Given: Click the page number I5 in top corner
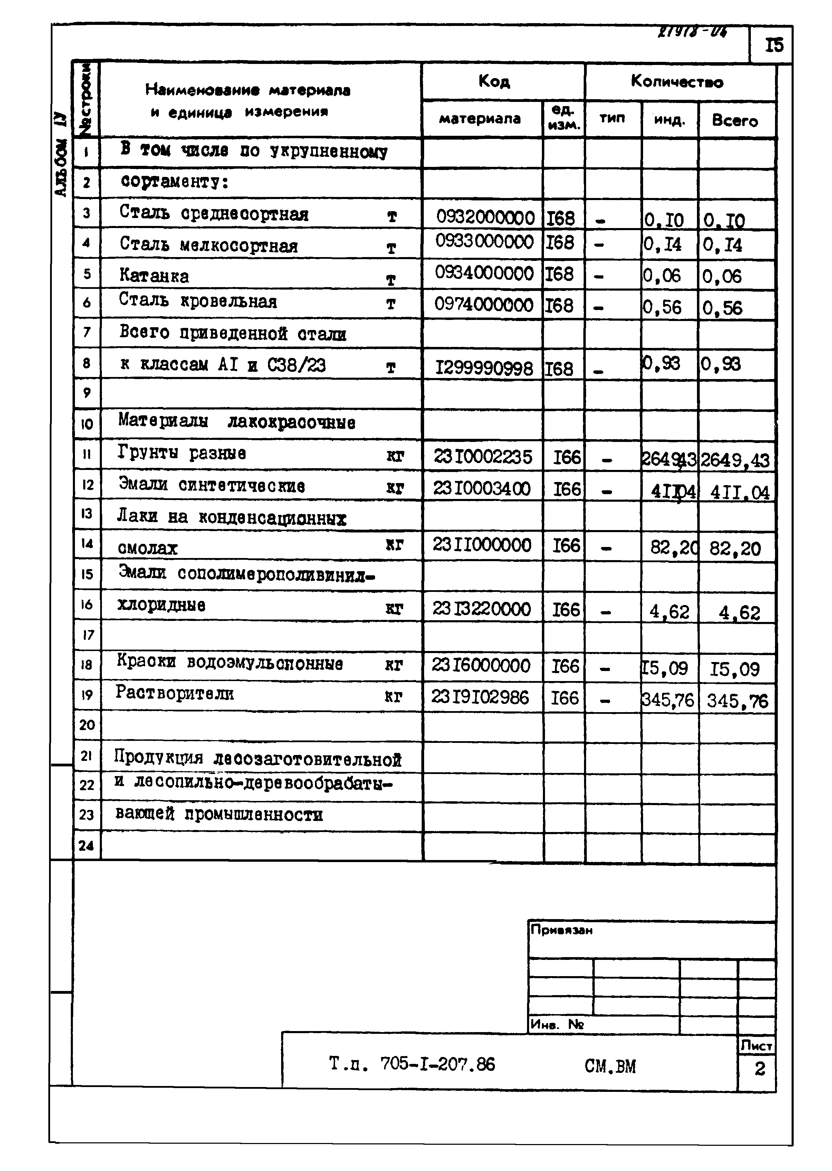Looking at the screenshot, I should coord(774,46).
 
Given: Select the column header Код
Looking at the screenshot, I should coord(494,81).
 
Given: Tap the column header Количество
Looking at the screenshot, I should coord(677,82).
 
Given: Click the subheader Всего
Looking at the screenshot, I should coord(734,121).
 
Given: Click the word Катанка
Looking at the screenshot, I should coord(154,276).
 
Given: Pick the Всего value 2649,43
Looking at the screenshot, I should coord(735,460).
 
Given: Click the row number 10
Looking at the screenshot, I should coord(87,424).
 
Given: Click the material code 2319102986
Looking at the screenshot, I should coord(479,697).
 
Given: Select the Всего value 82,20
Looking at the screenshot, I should coord(735,548).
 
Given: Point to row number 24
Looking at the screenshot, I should coord(87,845).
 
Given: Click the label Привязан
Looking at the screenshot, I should coord(562,930).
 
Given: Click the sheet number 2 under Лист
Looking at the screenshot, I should coord(759,1068).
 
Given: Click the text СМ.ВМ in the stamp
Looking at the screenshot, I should coord(610,1066).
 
